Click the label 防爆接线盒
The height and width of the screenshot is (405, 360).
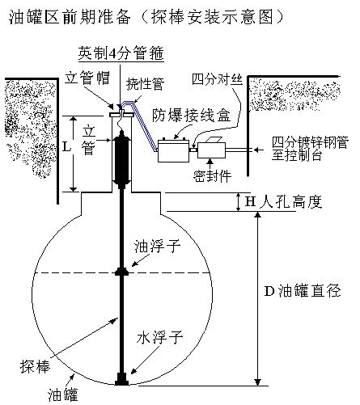click(191, 116)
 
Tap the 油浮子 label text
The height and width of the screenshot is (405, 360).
click(157, 247)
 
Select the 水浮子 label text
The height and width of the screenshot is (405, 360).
click(159, 338)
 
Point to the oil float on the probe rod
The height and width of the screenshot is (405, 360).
click(121, 272)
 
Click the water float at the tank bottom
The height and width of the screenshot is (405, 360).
click(121, 379)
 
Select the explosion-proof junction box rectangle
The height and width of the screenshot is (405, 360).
click(173, 151)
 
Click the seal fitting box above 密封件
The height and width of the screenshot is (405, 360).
click(211, 149)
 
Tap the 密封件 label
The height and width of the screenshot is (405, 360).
click(212, 176)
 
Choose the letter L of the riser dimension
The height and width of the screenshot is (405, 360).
click(66, 147)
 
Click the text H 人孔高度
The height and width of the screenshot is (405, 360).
click(283, 201)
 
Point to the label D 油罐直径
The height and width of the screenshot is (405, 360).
click(303, 291)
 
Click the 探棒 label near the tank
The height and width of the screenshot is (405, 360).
click(35, 367)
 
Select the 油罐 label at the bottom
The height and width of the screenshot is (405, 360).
click(63, 395)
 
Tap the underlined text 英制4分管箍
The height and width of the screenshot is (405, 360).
click(121, 53)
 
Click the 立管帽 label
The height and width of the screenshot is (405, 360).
click(87, 78)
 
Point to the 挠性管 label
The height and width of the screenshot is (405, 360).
click(145, 84)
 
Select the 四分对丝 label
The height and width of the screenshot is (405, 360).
click(217, 80)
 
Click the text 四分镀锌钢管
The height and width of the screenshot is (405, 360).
click(310, 142)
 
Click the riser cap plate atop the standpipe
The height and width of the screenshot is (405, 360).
click(121, 115)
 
